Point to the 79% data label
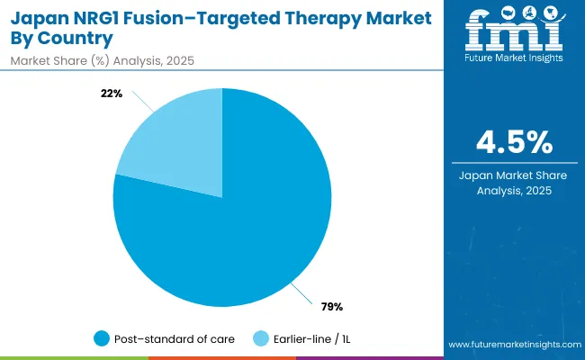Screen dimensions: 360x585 (331, 306)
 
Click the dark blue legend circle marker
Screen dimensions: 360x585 (102, 338)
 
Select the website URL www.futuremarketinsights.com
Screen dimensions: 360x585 (513, 345)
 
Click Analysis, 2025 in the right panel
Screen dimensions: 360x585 (514, 191)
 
